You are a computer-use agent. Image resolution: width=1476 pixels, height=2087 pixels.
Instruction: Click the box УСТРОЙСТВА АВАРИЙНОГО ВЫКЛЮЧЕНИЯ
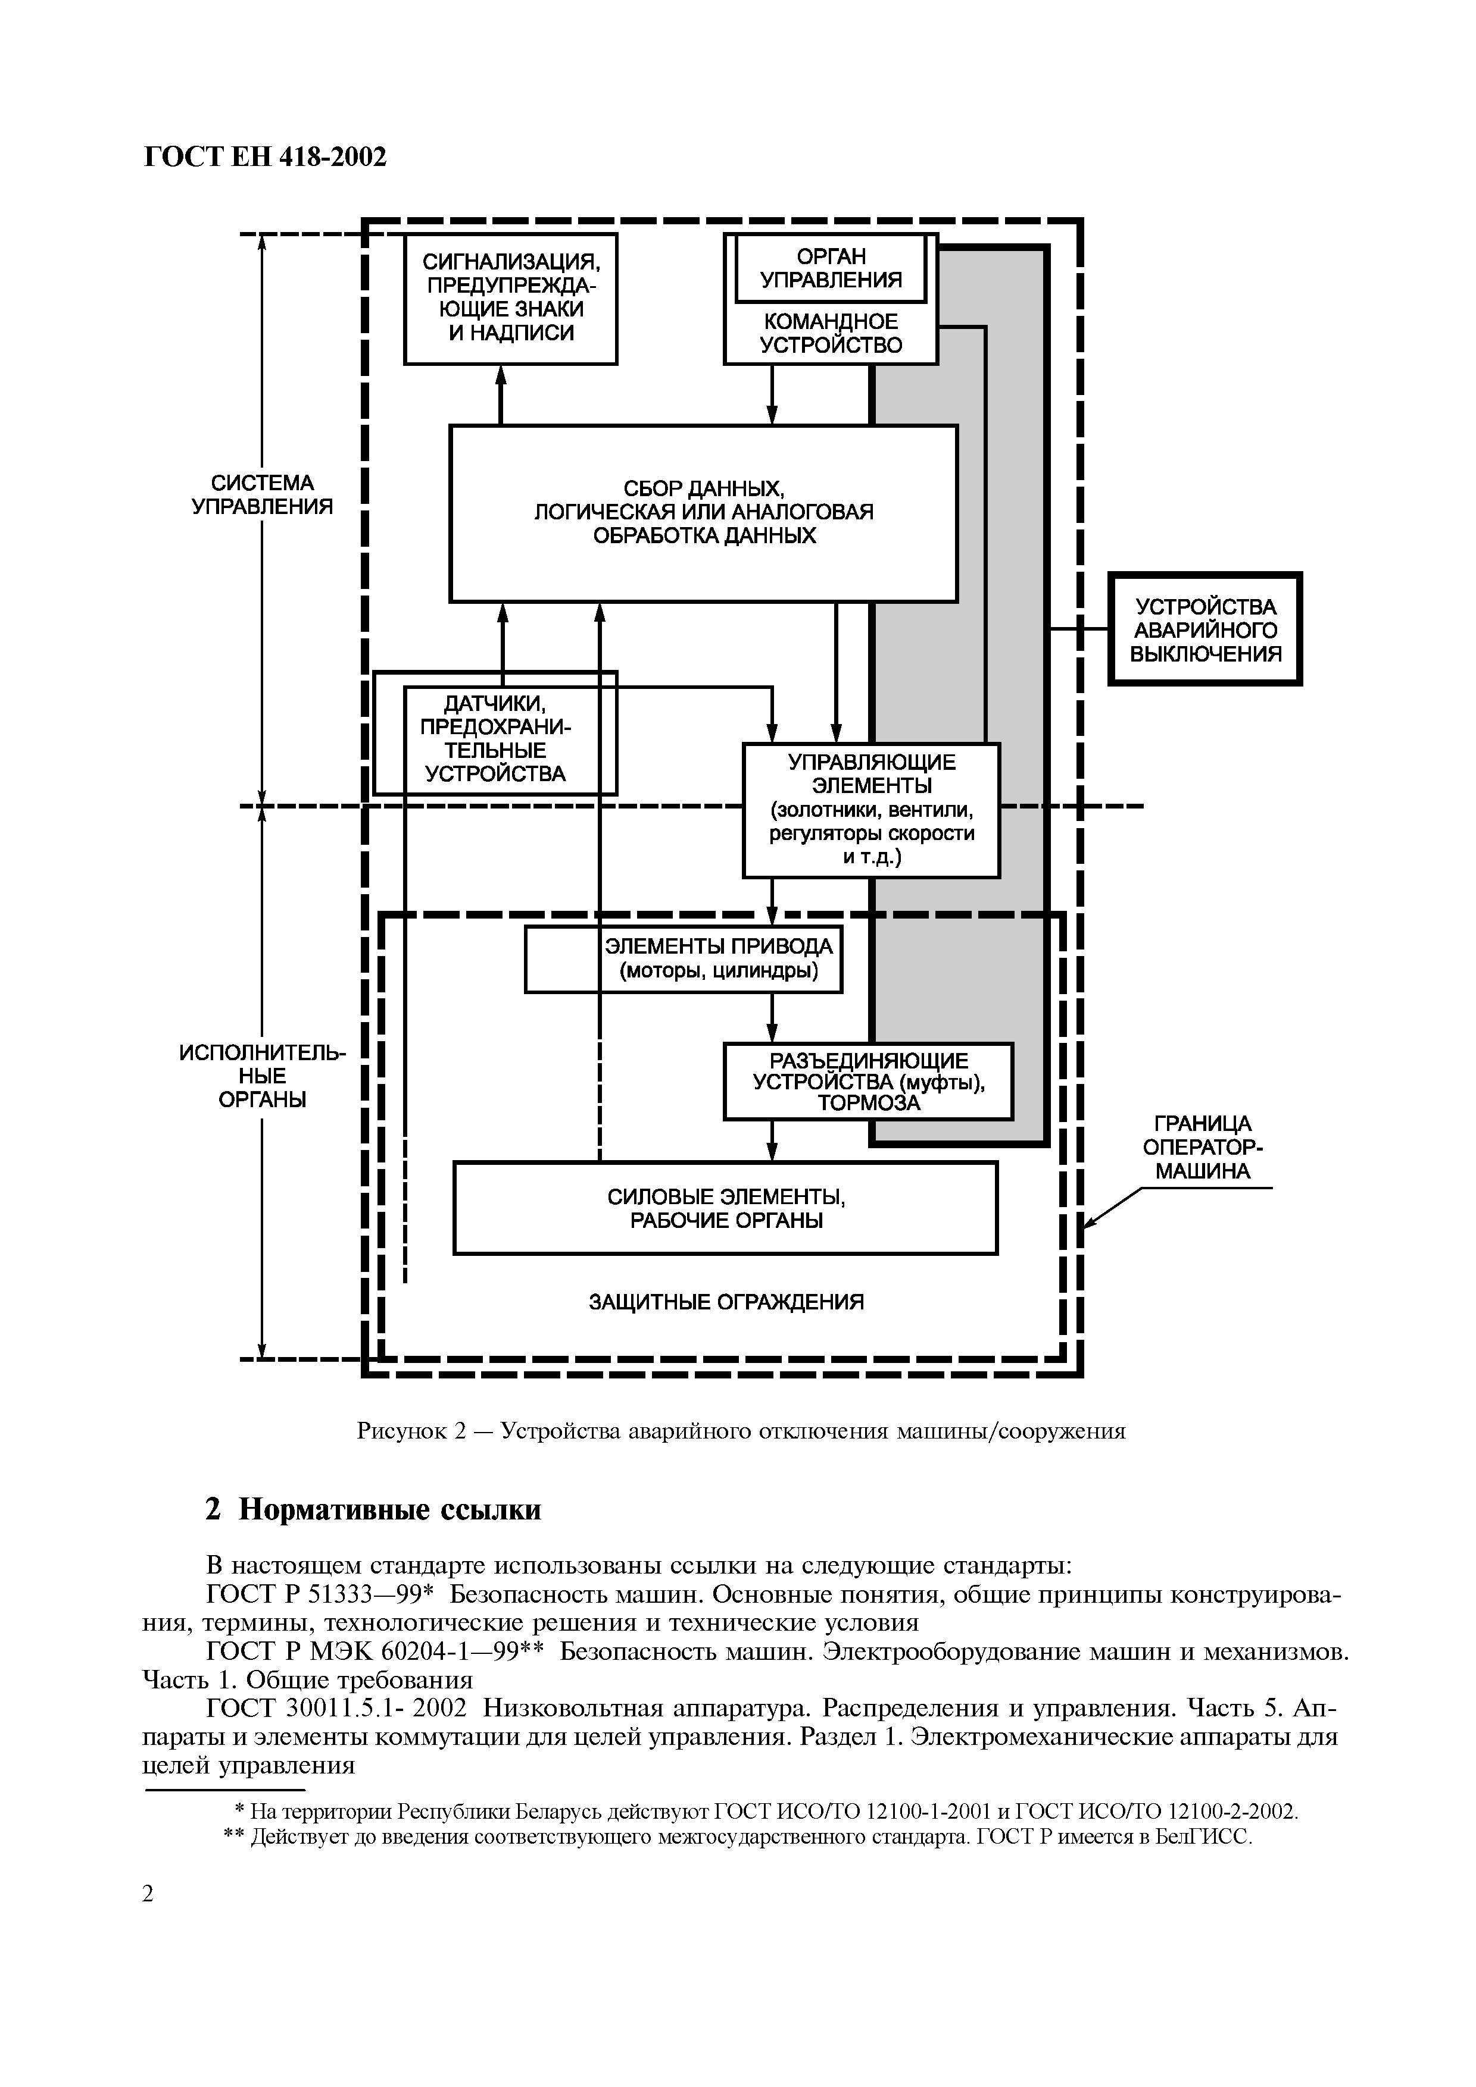click(x=1204, y=629)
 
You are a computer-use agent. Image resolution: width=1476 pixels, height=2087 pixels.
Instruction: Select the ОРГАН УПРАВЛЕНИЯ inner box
click(x=831, y=268)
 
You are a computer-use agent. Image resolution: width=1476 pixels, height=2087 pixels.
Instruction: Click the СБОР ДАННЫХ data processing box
click(x=703, y=513)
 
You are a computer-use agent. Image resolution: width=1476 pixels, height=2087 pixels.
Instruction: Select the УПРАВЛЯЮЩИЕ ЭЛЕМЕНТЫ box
click(x=870, y=809)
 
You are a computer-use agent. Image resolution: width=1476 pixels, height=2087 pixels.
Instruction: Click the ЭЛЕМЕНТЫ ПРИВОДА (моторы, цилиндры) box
click(x=683, y=959)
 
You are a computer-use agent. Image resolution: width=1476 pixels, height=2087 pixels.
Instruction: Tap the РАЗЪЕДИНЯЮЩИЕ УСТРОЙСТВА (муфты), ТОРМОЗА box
click(x=867, y=1081)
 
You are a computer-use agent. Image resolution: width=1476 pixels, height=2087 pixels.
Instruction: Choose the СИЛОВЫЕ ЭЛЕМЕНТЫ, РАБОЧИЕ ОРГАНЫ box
click(x=725, y=1208)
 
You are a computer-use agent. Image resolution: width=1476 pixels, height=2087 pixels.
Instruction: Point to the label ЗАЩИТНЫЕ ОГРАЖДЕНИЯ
click(x=726, y=1302)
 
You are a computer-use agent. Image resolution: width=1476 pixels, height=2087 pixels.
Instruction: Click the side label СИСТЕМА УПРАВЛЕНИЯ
click(x=262, y=494)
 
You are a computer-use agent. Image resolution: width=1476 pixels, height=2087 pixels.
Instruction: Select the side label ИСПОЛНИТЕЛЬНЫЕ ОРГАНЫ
click(x=262, y=1076)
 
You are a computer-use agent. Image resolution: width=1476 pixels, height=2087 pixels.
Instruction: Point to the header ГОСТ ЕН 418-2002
click(x=266, y=157)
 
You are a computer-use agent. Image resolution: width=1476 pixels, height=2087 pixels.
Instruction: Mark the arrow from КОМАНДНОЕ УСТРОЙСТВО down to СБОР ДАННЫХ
click(x=772, y=394)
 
